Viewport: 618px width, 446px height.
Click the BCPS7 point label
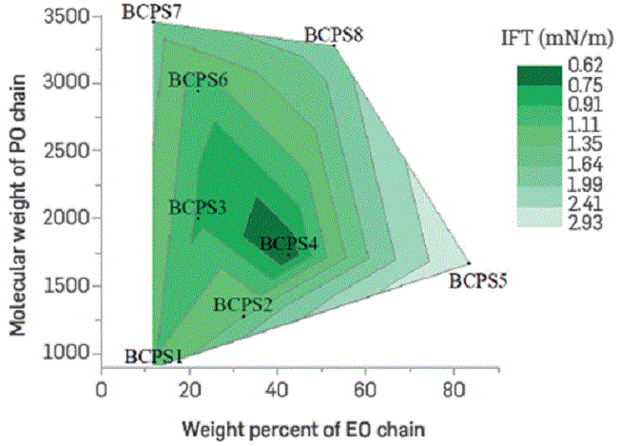[x=153, y=11]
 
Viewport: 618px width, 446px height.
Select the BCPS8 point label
[x=333, y=35]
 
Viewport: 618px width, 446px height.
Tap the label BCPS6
[x=198, y=81]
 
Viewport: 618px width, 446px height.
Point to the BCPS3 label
[x=198, y=207]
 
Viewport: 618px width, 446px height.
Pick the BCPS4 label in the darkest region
[x=288, y=243]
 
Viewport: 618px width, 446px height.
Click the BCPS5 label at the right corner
[x=478, y=281]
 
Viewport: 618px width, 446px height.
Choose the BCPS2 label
[x=243, y=304]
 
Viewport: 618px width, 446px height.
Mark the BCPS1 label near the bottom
[x=154, y=357]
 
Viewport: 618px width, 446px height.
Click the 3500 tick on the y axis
[x=68, y=16]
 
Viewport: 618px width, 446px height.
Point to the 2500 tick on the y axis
[x=68, y=151]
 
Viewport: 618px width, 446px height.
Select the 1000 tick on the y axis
[x=68, y=353]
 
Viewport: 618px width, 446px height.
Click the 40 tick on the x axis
[x=277, y=387]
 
